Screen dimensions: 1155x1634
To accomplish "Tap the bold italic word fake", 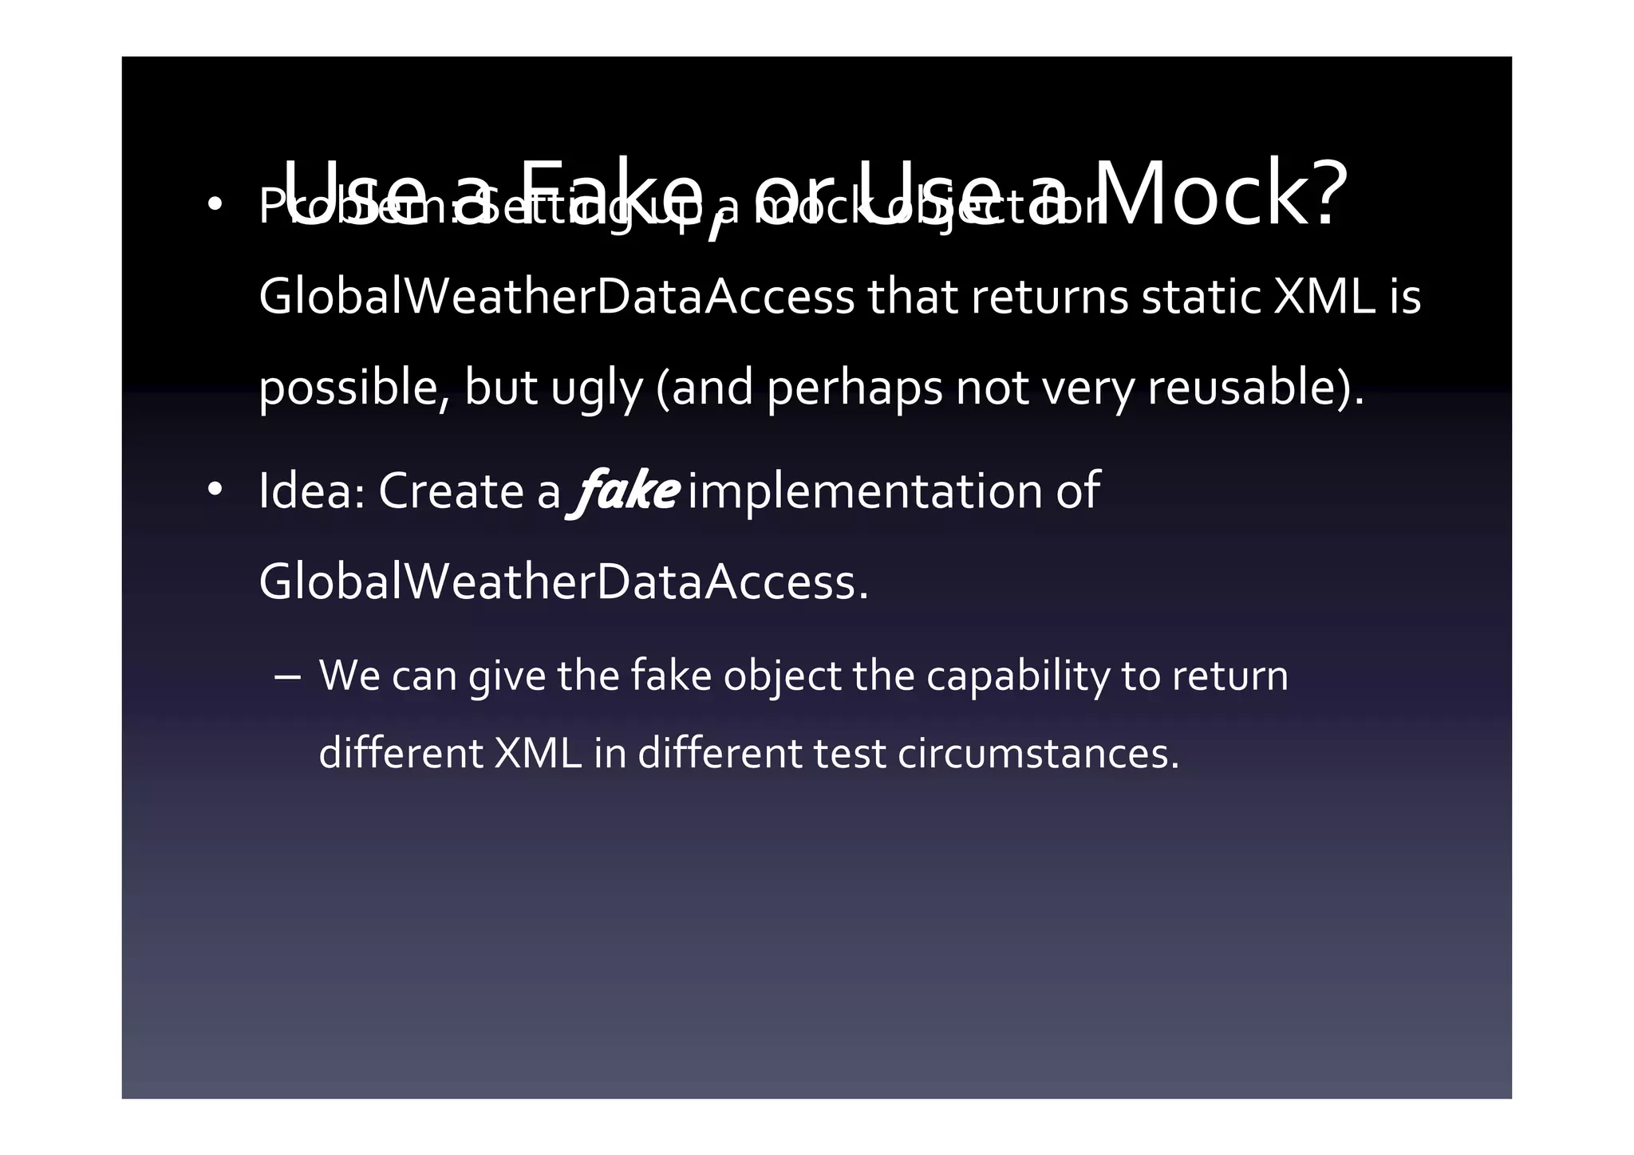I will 624,491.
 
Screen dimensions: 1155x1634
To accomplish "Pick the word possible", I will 354,388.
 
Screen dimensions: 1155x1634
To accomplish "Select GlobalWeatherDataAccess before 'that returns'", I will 557,297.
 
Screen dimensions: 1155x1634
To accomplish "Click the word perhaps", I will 854,388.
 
